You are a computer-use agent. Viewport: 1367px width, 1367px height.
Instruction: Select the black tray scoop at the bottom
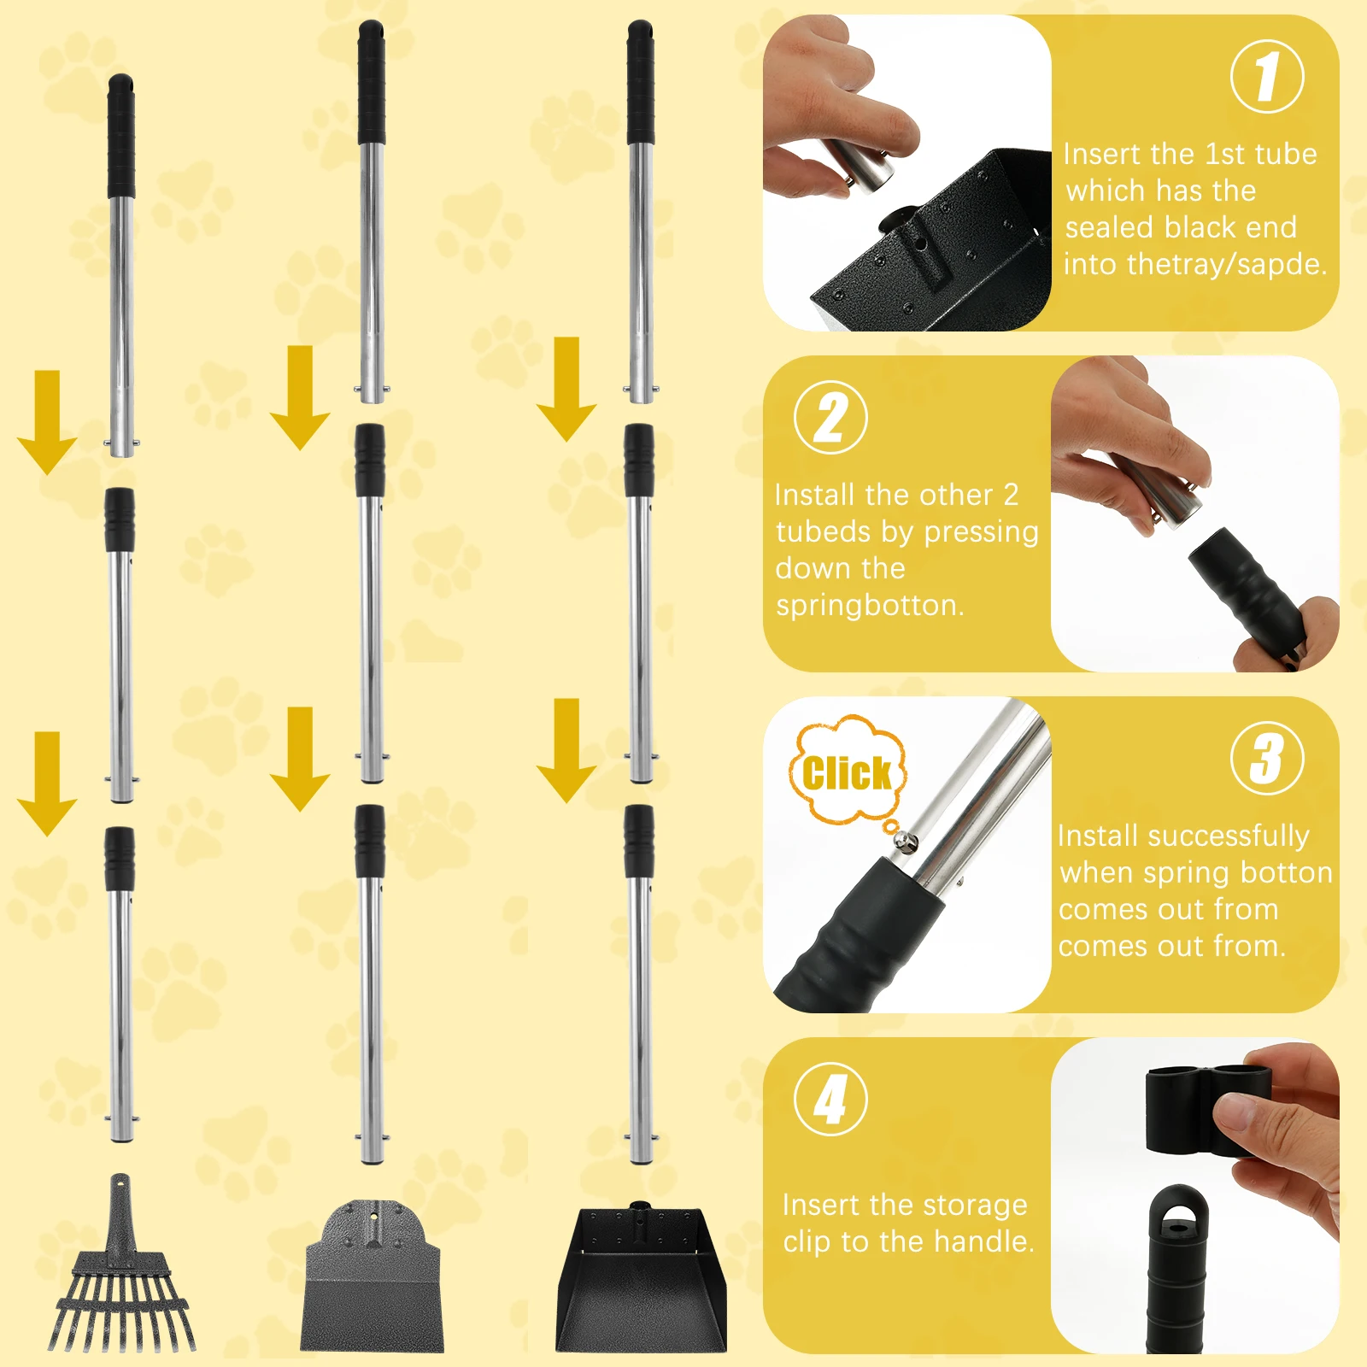[641, 1282]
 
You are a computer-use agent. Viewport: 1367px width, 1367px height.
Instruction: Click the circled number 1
[1267, 77]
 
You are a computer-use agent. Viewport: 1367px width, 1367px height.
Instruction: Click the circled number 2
[830, 418]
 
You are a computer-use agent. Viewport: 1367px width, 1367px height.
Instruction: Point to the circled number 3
[1267, 759]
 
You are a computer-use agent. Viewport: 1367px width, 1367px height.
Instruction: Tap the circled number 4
[830, 1099]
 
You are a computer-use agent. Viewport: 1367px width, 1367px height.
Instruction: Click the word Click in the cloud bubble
[846, 774]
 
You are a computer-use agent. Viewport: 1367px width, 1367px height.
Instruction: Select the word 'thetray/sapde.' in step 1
[1195, 264]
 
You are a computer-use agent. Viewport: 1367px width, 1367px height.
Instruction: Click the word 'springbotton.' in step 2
[870, 606]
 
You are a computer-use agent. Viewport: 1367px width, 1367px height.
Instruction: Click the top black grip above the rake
[120, 137]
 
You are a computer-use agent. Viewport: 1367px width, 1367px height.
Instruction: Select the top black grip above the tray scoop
[641, 83]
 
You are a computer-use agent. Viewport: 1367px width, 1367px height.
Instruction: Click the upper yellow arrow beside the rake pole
[47, 422]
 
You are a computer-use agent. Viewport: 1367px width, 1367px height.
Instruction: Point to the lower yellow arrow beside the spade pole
[300, 759]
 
